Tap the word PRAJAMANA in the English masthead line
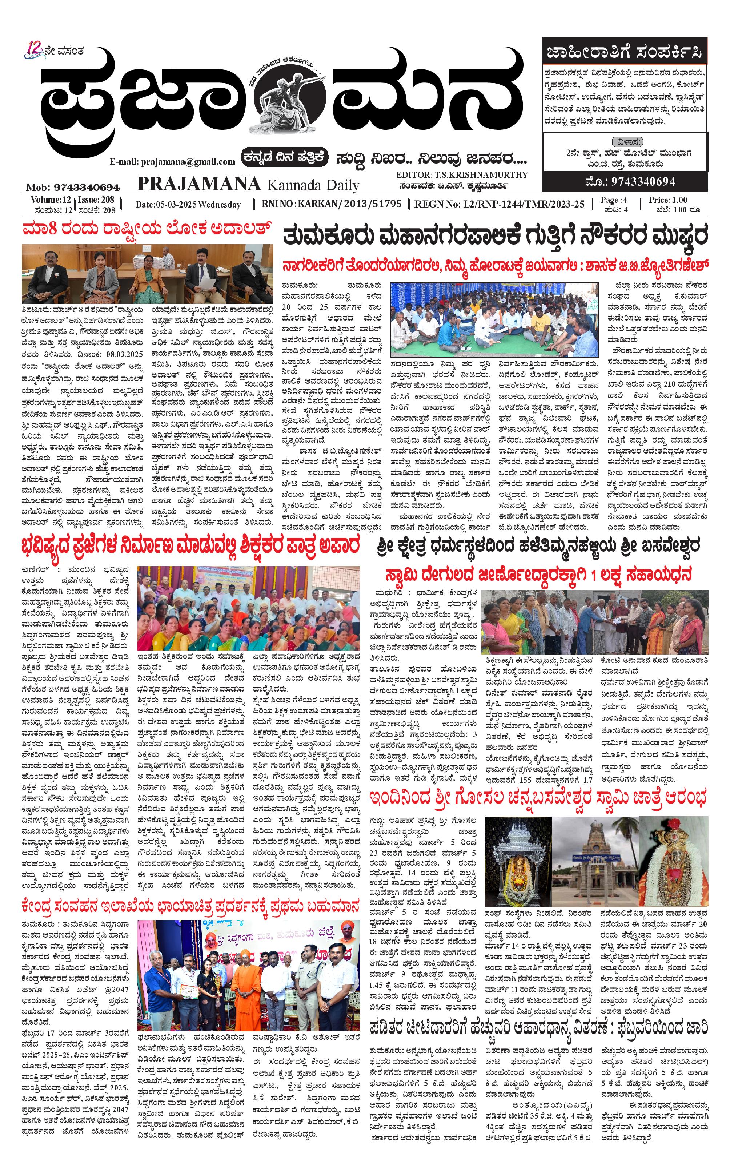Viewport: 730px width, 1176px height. coord(199,184)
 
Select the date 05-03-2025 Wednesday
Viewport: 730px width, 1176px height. coord(188,204)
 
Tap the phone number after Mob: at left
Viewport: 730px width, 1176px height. coord(87,187)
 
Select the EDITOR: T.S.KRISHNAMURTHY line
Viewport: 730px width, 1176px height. coord(462,175)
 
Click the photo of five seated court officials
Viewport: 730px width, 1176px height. coord(147,274)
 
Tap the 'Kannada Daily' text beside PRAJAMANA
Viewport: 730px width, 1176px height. coord(313,185)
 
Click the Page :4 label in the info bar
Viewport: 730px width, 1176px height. coord(614,200)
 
